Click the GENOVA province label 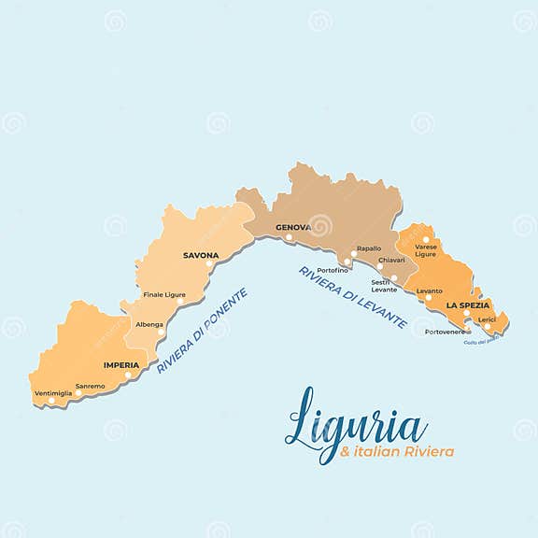tap(291, 228)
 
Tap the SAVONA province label tap(201, 255)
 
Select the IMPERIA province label tap(121, 365)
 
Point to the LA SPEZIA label tap(467, 305)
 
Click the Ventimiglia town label tap(52, 393)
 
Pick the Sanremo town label tap(91, 386)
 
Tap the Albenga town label tap(149, 324)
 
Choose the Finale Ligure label tap(164, 295)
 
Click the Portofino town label tap(333, 271)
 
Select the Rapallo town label tap(369, 248)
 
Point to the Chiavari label tap(391, 260)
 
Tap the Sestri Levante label tap(384, 285)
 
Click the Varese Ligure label tap(426, 250)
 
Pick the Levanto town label tap(430, 290)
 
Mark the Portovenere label tap(444, 332)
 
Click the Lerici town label tap(487, 319)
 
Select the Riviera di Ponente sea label tap(202, 332)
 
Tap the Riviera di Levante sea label tap(352, 298)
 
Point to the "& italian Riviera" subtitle tap(398, 452)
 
